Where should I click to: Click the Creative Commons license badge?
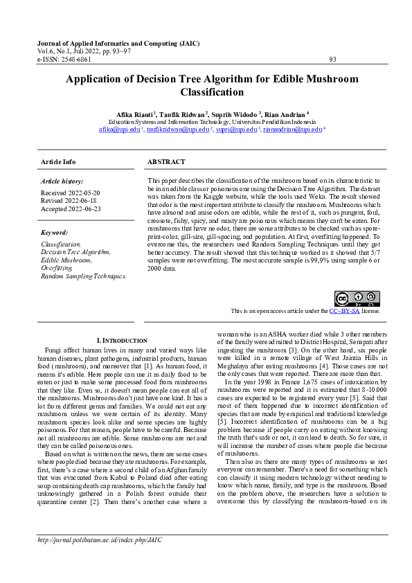click(348, 299)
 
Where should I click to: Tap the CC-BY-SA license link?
click(345, 312)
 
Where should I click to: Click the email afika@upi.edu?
click(119, 129)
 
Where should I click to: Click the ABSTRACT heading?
click(166, 161)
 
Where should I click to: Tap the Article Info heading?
click(59, 161)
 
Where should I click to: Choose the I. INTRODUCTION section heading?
click(122, 341)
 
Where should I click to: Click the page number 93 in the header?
click(333, 60)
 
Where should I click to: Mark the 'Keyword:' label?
click(55, 233)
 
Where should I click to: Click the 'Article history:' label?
click(62, 180)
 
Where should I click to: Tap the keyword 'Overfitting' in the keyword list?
click(57, 267)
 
